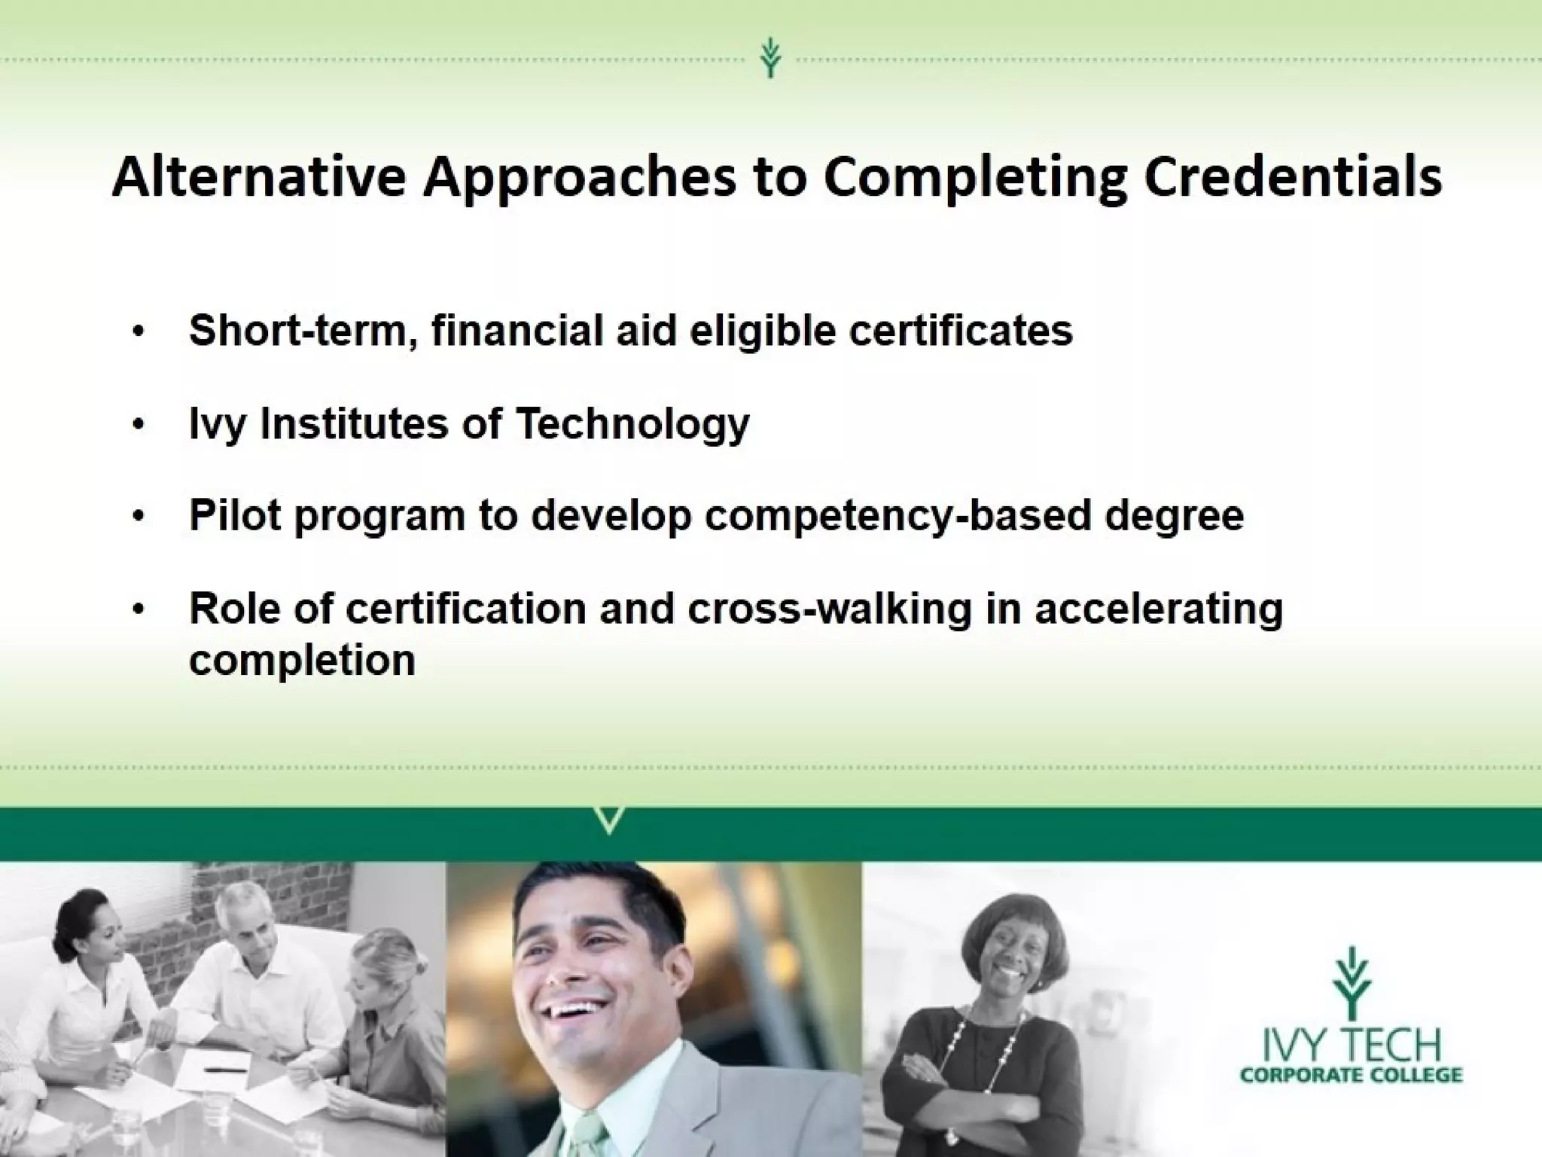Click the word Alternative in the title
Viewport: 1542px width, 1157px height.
(259, 178)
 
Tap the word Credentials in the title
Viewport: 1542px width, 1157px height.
(1293, 178)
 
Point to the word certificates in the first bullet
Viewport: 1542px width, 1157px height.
(961, 331)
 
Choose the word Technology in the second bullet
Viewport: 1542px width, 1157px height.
(632, 424)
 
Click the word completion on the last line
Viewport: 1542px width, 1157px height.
(302, 661)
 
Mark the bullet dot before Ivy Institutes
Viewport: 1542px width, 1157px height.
(136, 425)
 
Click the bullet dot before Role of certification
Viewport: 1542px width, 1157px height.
(136, 609)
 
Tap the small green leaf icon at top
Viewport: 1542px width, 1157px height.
(769, 59)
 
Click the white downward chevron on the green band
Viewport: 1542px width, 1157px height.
(610, 820)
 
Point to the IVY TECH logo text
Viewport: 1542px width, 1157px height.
(1351, 1045)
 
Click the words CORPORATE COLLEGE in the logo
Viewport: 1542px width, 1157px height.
(1351, 1075)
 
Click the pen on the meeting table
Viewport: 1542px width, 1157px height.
(226, 1068)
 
